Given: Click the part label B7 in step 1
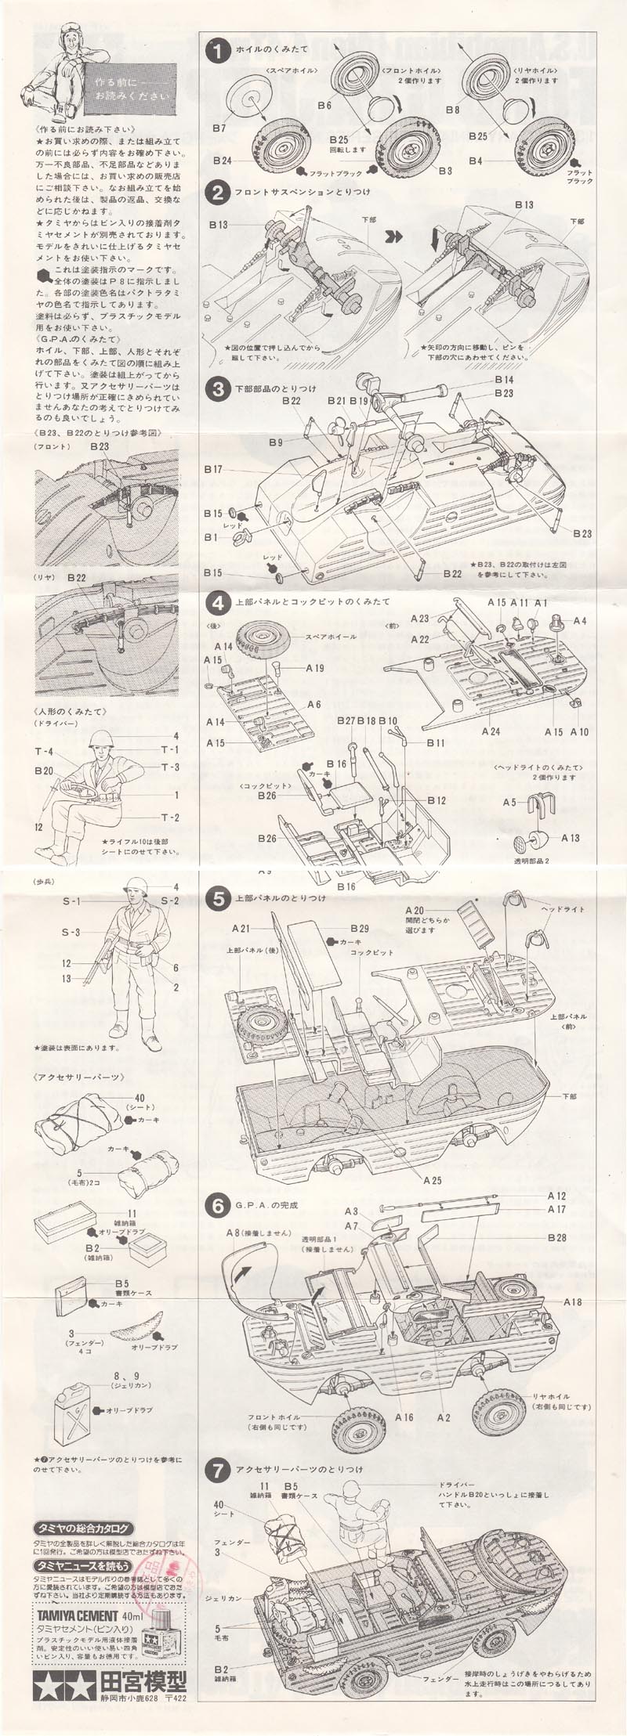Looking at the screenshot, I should [219, 127].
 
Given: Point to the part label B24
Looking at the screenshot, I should [222, 161].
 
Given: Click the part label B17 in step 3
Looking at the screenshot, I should [213, 470].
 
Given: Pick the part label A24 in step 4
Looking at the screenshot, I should [491, 731].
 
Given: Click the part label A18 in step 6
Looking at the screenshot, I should [572, 1301].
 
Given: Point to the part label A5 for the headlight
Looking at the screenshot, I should [509, 803].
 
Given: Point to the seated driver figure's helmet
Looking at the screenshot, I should [100, 738].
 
